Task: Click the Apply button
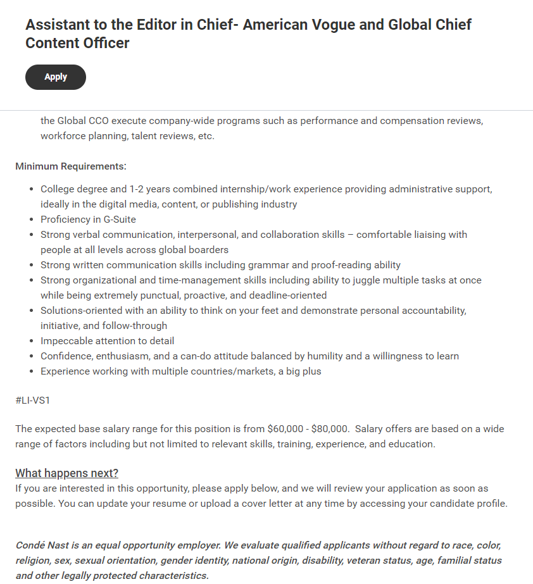click(56, 77)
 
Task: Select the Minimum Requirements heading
click(71, 166)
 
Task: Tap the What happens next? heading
click(66, 473)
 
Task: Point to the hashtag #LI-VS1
click(32, 401)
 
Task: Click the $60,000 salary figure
click(289, 429)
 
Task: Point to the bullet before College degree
click(33, 189)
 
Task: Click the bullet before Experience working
click(33, 371)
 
